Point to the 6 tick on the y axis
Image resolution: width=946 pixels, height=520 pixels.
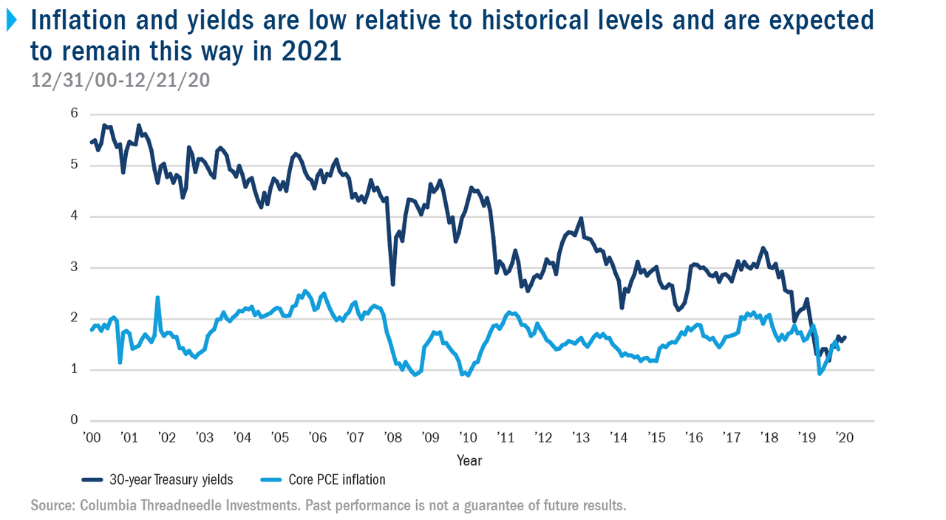(74, 113)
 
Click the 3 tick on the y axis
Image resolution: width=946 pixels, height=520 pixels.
(74, 267)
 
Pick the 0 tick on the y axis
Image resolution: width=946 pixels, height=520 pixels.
(74, 420)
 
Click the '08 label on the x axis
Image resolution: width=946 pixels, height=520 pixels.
(393, 438)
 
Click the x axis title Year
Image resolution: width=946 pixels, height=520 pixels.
(469, 460)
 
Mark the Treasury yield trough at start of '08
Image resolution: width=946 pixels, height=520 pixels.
(393, 284)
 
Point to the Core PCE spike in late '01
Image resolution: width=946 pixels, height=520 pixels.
(157, 298)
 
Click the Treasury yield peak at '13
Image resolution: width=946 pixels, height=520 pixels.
(582, 219)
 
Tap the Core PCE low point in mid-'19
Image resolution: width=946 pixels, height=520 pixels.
(820, 374)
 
